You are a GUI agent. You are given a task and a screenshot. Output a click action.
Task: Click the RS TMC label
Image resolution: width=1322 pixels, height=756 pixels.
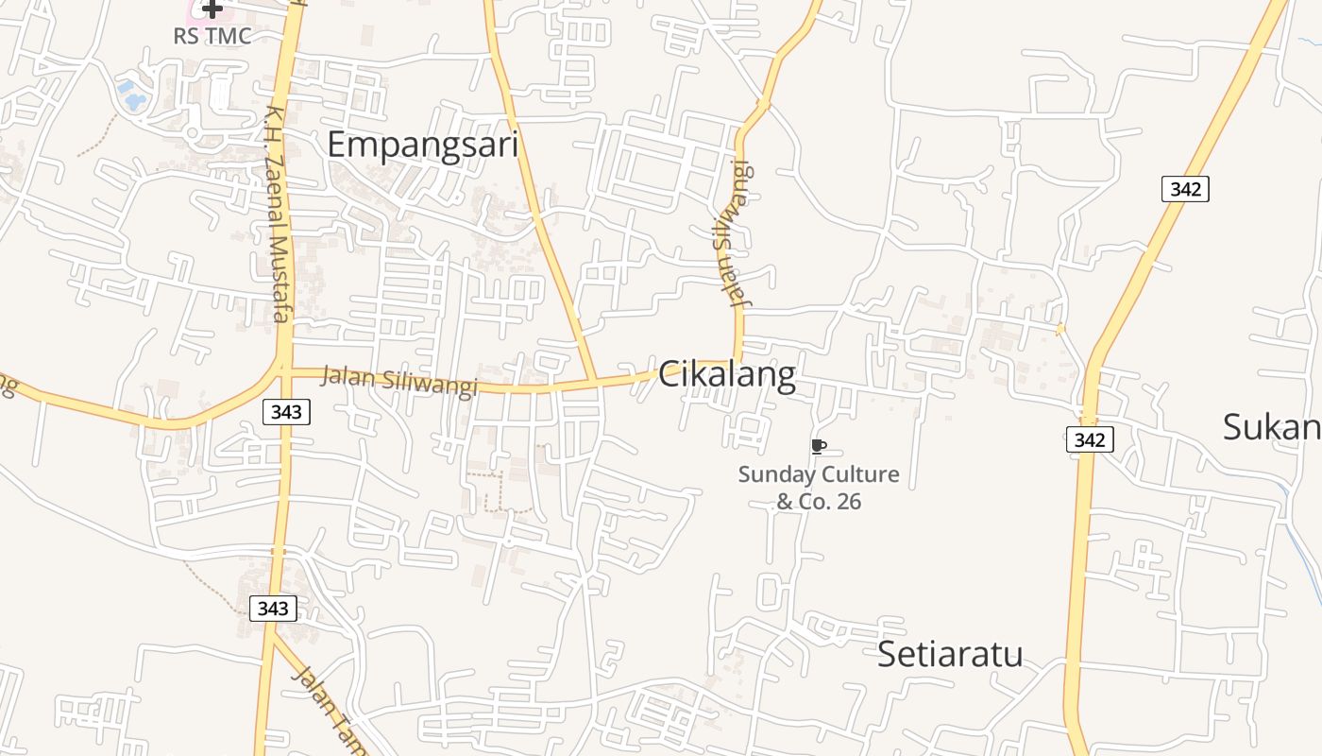(x=212, y=36)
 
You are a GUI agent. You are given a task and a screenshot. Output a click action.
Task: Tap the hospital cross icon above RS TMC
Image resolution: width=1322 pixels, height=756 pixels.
(x=212, y=9)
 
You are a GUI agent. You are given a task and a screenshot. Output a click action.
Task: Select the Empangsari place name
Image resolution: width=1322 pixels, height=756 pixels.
(x=423, y=145)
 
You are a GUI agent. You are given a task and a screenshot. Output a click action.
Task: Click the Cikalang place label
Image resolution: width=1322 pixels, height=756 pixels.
(x=726, y=375)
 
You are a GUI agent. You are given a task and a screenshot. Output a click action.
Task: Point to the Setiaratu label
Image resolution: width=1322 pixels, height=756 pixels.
(x=950, y=654)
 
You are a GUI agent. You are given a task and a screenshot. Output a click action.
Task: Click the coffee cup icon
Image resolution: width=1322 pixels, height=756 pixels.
(x=819, y=446)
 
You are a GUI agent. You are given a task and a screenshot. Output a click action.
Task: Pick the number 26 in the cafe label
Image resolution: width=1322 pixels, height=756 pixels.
(x=849, y=502)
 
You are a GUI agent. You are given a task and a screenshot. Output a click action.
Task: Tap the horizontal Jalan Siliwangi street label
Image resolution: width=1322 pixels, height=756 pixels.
(x=399, y=380)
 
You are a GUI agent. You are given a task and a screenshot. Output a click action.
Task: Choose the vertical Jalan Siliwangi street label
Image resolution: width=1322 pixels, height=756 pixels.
(x=733, y=236)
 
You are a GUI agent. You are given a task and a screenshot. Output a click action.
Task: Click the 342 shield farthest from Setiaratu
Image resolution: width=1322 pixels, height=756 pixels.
(x=1185, y=189)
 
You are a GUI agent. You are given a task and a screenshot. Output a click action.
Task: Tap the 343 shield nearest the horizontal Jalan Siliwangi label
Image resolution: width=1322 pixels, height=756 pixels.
(x=286, y=412)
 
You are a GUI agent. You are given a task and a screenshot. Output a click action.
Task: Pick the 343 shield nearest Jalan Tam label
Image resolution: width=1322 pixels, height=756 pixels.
(x=273, y=609)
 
